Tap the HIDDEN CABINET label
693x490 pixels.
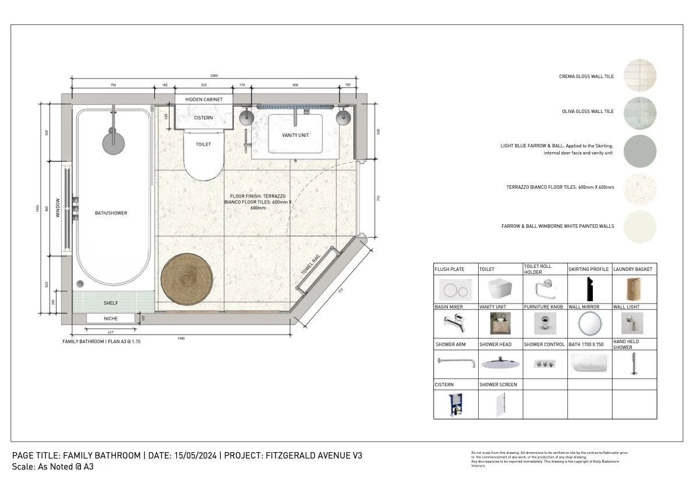[203, 100]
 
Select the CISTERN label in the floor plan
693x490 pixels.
[203, 118]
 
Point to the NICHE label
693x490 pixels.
[111, 319]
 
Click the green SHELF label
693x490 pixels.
[111, 303]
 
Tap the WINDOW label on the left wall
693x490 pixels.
[58, 209]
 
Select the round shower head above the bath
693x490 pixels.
[112, 142]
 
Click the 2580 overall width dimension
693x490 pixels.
[215, 75]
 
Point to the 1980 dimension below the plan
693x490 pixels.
[181, 337]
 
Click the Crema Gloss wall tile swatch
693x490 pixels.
[639, 76]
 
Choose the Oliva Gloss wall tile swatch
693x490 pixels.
[639, 111]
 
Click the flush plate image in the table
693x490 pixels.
[455, 289]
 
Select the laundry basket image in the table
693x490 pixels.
[634, 289]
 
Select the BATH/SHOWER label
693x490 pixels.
[111, 213]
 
